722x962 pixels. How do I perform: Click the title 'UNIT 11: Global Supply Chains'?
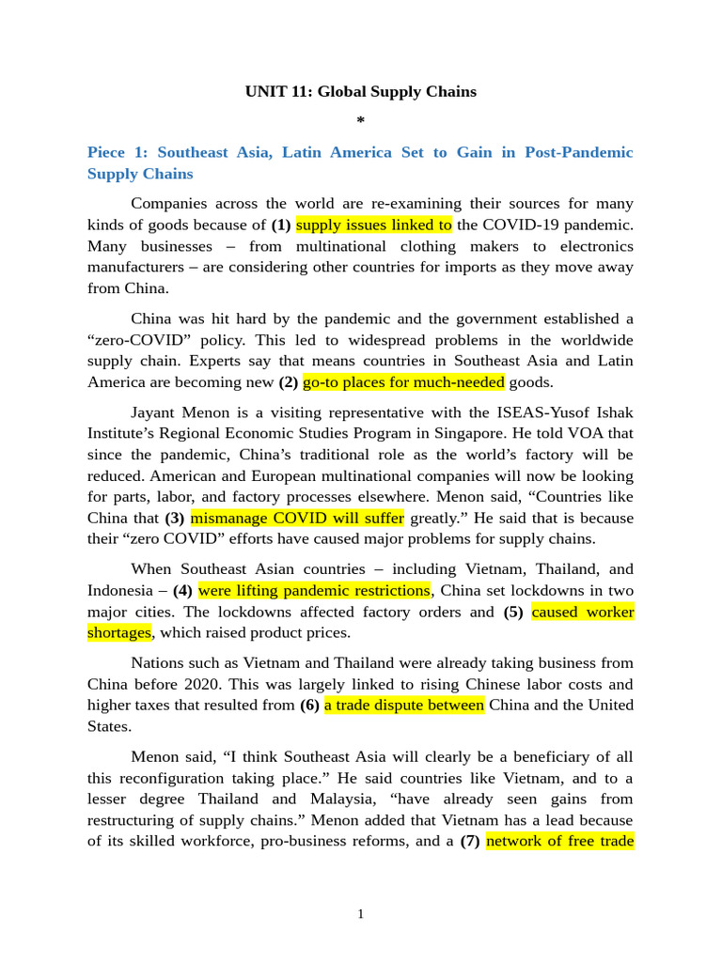361,92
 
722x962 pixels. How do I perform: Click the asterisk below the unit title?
361,121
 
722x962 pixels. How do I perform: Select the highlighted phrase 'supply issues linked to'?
374,225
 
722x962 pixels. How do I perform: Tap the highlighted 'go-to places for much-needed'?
403,382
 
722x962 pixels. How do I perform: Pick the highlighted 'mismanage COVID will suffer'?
297,518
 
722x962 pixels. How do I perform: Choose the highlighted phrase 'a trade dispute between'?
404,706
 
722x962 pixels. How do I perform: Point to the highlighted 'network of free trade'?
559,841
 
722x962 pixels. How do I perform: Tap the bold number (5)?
513,613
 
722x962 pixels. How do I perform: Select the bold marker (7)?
470,841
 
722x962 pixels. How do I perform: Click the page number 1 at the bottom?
361,914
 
